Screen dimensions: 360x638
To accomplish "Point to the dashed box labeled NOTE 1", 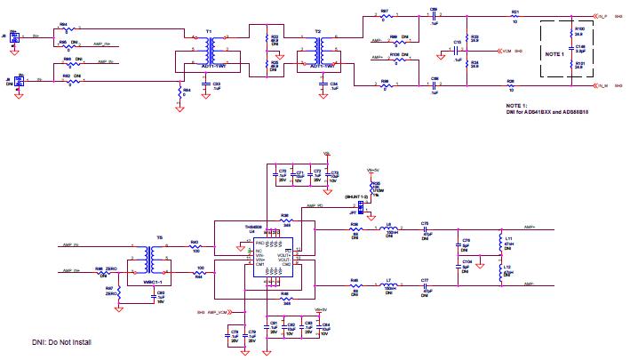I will click(x=554, y=54).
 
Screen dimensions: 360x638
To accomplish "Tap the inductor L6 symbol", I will click(x=388, y=229).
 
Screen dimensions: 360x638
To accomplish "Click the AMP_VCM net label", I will click(x=217, y=313).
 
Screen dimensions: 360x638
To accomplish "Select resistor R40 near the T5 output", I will click(x=195, y=246).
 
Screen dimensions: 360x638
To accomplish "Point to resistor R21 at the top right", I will click(x=514, y=15).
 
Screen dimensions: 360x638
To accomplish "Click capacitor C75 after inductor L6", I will click(x=425, y=229).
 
